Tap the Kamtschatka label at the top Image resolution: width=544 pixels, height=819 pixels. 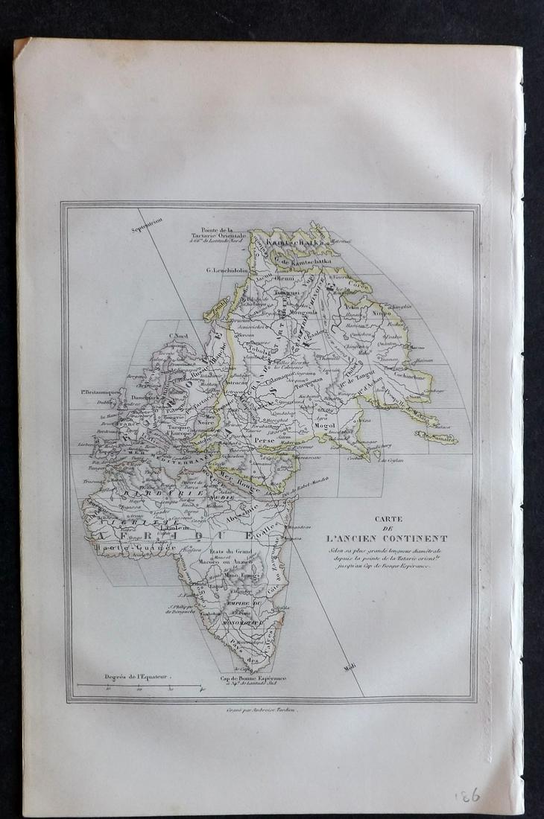pyautogui.click(x=296, y=243)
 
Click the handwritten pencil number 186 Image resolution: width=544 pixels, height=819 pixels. pyautogui.click(x=467, y=794)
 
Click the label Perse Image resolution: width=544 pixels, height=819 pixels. pyautogui.click(x=265, y=440)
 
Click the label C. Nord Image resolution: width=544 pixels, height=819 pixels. pyautogui.click(x=179, y=337)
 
